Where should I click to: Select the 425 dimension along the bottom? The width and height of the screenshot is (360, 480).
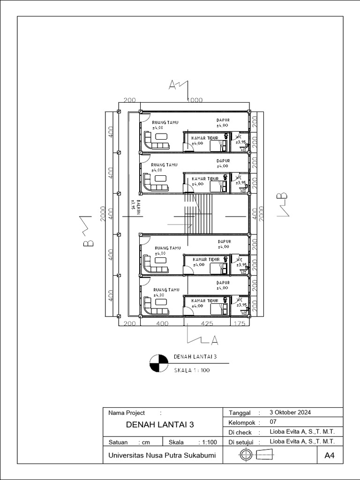[x=207, y=323]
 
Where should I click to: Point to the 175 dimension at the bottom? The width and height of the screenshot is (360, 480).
[x=239, y=323]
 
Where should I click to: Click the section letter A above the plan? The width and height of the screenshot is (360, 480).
[x=172, y=85]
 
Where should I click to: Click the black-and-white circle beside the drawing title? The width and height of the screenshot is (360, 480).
[x=158, y=362]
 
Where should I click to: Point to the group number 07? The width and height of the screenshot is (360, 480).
[x=273, y=422]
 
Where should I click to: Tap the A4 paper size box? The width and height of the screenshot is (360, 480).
[x=330, y=455]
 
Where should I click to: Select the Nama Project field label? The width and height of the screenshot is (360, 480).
[x=127, y=413]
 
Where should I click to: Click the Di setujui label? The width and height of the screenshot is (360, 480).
[x=241, y=442]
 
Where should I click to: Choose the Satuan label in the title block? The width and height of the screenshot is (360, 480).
[x=118, y=442]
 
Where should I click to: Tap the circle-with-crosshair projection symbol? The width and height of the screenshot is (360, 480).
[x=246, y=454]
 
